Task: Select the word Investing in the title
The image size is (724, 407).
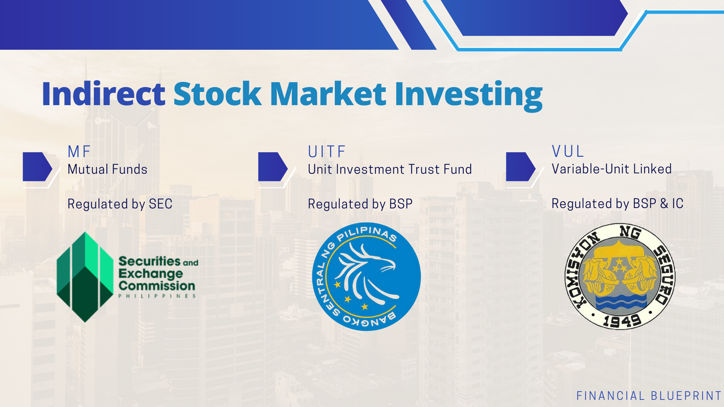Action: coord(468,96)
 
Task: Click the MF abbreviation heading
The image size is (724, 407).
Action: coord(79,152)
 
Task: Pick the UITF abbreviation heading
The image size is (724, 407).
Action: coord(327,152)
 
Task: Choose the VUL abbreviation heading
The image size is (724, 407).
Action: coord(567,151)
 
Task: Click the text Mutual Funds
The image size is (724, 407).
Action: coord(107,169)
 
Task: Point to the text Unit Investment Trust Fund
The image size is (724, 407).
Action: coord(390,169)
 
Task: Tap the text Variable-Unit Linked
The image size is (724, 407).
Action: coord(611,169)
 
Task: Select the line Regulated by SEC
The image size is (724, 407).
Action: coord(120,204)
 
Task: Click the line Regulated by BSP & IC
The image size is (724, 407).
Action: coord(617,204)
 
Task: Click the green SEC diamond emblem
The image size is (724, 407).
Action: coord(85,277)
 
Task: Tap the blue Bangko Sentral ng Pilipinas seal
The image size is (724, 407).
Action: coord(367,276)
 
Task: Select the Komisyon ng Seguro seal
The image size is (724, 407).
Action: coord(620,276)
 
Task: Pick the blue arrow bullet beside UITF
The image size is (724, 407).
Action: coord(273,167)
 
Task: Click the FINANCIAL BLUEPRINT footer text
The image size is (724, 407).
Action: coord(649,396)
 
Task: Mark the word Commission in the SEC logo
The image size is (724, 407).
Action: coord(157,286)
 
